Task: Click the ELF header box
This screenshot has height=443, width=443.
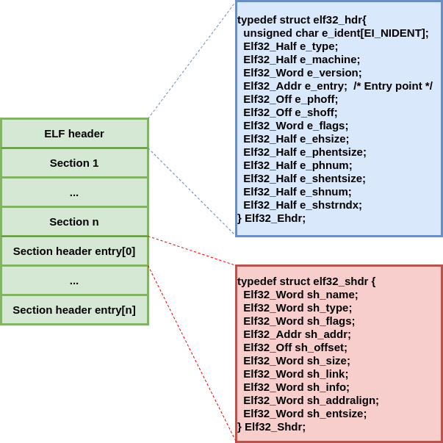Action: tap(74, 134)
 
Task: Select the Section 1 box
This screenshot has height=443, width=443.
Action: tap(74, 163)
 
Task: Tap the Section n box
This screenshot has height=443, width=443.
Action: tap(74, 222)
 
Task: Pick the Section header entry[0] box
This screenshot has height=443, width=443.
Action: tap(74, 251)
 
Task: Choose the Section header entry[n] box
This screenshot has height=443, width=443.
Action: tap(74, 310)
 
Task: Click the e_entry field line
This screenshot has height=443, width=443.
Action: tap(295, 86)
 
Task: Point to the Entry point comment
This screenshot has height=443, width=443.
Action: tap(393, 86)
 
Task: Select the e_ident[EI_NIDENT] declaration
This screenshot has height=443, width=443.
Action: tap(336, 33)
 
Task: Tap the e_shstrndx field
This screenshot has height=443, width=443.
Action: tap(303, 205)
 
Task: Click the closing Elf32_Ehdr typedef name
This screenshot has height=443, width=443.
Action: tap(275, 218)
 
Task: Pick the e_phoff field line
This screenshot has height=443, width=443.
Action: tap(290, 99)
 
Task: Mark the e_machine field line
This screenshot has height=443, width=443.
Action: tap(302, 60)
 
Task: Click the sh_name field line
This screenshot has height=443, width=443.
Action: tap(300, 295)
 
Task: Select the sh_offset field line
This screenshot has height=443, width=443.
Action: tap(295, 347)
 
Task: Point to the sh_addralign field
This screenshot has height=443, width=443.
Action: tap(311, 400)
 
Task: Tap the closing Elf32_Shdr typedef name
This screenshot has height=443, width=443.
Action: tap(275, 427)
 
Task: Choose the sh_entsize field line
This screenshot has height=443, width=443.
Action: tap(305, 414)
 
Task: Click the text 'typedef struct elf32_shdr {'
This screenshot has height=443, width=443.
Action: tap(306, 281)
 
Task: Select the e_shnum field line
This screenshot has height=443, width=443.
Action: tap(298, 192)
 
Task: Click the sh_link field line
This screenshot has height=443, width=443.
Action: tap(296, 374)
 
